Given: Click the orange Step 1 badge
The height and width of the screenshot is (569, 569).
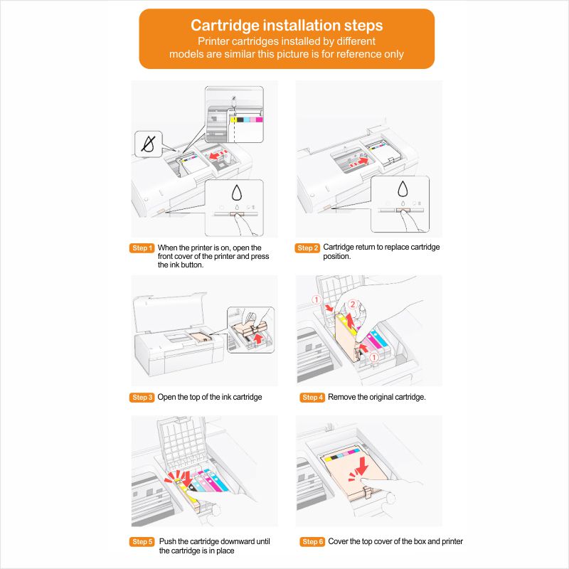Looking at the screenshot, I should tap(142, 248).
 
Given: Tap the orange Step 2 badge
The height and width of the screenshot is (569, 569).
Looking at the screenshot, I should tap(307, 248).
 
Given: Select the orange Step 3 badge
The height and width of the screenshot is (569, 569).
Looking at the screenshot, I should tap(142, 397).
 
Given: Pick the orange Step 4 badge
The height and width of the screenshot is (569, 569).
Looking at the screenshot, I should tap(312, 397).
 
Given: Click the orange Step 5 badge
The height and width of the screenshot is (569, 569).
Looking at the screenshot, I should tap(142, 542).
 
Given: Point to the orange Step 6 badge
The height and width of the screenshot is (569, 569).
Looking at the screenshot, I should tap(312, 542).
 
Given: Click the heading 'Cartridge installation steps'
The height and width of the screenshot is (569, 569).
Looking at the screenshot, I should tap(287, 26).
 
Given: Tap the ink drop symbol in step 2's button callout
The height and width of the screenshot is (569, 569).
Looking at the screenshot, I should tap(403, 190).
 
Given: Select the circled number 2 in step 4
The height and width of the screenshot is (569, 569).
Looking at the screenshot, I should tap(351, 304).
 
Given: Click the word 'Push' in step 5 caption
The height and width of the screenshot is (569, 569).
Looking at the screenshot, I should tap(167, 542).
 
